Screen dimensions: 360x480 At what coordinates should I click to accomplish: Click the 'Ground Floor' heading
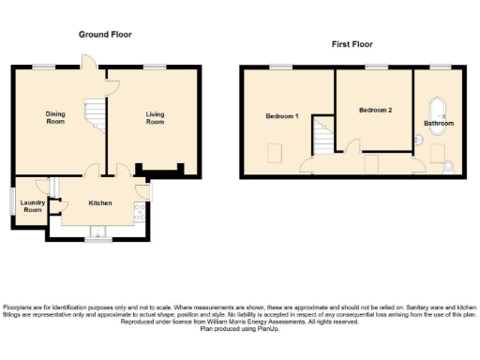point(104,35)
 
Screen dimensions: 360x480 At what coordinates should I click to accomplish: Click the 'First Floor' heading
point(352,44)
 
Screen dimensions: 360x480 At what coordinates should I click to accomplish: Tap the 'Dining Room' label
point(56,118)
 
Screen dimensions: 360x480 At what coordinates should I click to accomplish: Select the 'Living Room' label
point(155,118)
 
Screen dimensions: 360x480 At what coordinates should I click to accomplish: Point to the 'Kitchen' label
point(100,202)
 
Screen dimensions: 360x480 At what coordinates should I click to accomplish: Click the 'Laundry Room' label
point(33,205)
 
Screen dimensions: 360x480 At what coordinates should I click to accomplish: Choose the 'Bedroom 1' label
point(281,116)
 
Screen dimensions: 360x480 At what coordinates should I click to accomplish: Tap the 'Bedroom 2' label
point(375,110)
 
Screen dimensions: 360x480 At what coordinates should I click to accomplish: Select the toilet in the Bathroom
point(449,167)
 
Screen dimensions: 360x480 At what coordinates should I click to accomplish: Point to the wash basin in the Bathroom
point(419,141)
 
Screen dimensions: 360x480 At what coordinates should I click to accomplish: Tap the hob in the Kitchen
point(139,213)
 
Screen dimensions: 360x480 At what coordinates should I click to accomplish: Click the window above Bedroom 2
point(377,67)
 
